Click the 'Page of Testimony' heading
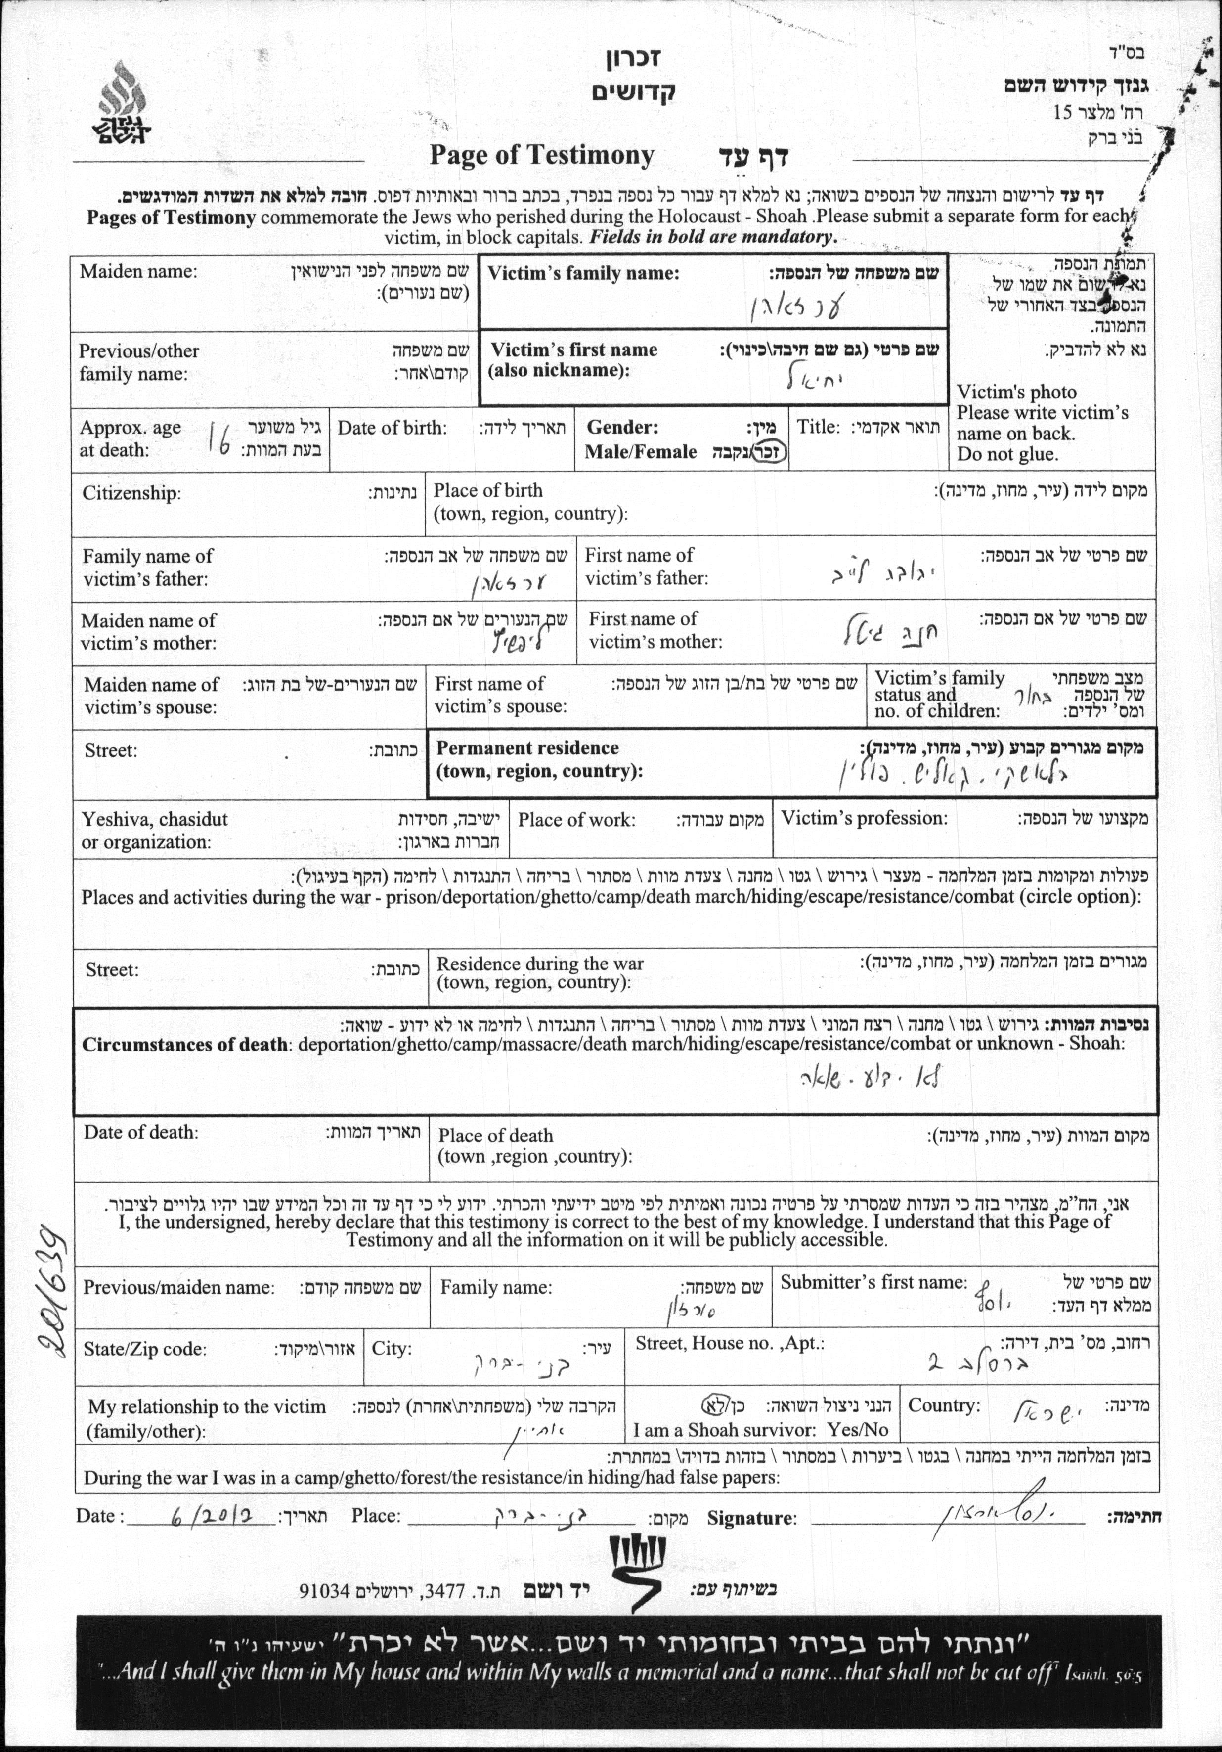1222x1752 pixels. [x=541, y=156]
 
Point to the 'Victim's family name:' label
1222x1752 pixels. [x=583, y=273]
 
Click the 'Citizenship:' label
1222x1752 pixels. [x=131, y=493]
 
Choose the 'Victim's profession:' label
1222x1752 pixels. [x=864, y=819]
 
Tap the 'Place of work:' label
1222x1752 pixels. [x=576, y=820]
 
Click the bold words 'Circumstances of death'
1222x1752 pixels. [x=185, y=1045]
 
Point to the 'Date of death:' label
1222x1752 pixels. [x=140, y=1132]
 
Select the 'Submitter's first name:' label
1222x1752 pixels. [x=873, y=1283]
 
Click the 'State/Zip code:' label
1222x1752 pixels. [x=144, y=1349]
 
